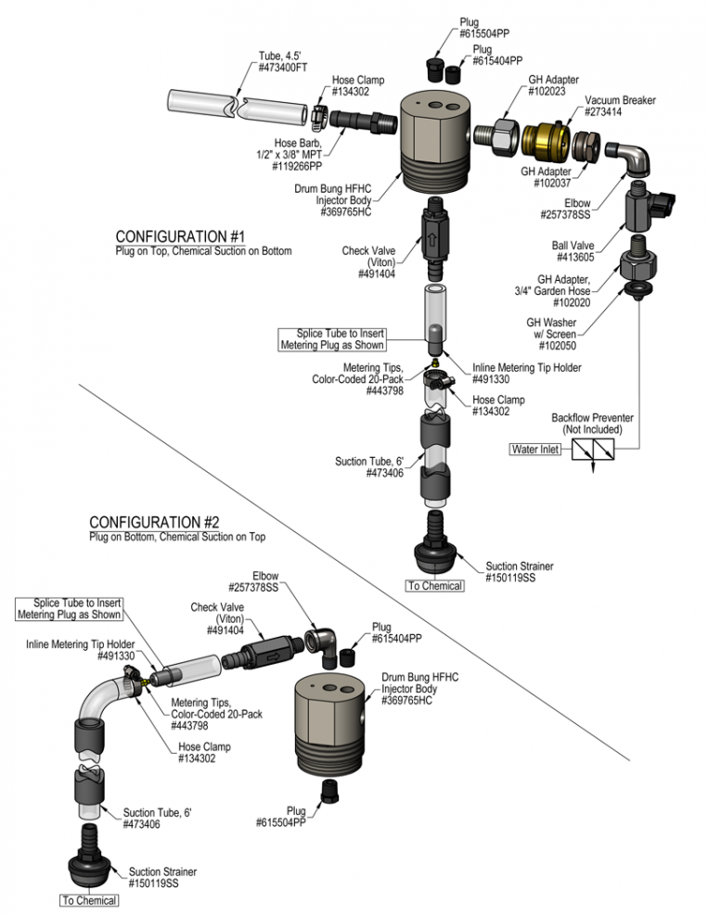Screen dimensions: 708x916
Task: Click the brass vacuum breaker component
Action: tap(546, 140)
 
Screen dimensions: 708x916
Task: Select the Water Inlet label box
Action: tap(535, 450)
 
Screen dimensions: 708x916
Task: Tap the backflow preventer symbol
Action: tap(593, 450)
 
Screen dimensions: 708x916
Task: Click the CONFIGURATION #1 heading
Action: tap(180, 236)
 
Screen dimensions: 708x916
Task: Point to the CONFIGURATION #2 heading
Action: tap(154, 522)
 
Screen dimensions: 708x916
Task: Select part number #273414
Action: tap(603, 111)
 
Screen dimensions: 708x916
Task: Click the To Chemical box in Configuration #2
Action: tap(89, 900)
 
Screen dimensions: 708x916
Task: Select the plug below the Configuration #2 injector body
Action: tap(330, 791)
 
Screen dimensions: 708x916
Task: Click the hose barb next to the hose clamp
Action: tap(363, 121)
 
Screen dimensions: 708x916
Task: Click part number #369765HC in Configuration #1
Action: tap(345, 212)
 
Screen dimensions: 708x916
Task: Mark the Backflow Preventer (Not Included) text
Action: tap(592, 424)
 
